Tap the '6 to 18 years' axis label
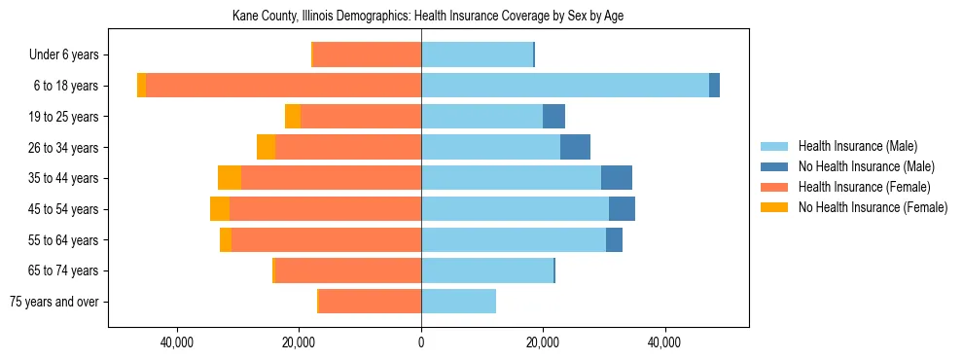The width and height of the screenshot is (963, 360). point(66,86)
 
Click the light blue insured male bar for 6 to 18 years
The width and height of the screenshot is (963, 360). point(564,86)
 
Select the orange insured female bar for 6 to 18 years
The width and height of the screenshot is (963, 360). point(282,86)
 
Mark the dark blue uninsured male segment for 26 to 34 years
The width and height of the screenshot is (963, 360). point(575,147)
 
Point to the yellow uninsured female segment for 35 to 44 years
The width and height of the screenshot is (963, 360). point(230,178)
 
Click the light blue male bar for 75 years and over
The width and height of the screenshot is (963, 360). point(458,302)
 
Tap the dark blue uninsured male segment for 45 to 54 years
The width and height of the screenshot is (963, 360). point(622,209)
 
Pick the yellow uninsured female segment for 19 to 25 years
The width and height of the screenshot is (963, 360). point(293,117)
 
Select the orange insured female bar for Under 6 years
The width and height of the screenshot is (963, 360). point(367,55)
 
